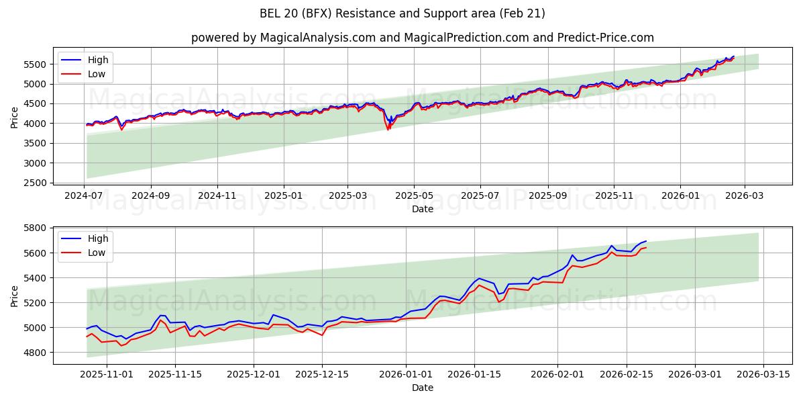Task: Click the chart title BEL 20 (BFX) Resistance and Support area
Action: [x=402, y=13]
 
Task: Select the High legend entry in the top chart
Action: [x=98, y=60]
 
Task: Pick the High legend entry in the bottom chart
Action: [x=98, y=238]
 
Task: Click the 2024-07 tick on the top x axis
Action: [x=85, y=195]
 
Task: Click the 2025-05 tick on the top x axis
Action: [x=414, y=195]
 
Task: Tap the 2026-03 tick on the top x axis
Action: [x=745, y=195]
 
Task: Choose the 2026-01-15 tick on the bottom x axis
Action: [x=474, y=375]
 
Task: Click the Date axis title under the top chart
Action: [x=423, y=209]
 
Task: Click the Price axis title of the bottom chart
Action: [x=15, y=296]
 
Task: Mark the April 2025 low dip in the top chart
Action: [x=388, y=128]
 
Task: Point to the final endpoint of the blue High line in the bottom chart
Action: [x=646, y=241]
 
